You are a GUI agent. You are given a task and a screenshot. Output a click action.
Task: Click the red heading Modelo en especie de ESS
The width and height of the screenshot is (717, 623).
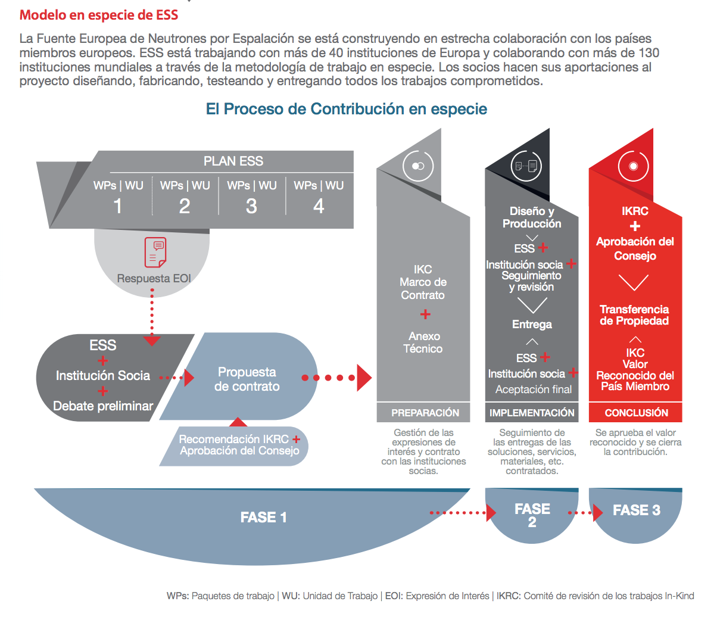(x=99, y=15)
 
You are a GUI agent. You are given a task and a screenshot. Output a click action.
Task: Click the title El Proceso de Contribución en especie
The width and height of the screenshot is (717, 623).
(x=346, y=109)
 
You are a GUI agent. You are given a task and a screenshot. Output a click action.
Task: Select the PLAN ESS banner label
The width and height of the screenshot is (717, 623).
(x=233, y=161)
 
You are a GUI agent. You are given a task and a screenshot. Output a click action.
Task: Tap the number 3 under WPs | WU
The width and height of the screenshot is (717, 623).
(x=251, y=206)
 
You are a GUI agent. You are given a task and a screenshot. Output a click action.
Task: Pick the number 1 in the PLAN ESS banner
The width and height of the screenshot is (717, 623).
(x=118, y=206)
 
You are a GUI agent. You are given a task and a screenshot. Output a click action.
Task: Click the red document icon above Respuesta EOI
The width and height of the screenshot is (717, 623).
(x=155, y=252)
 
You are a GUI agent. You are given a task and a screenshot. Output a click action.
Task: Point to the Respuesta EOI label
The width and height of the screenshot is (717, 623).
(x=154, y=278)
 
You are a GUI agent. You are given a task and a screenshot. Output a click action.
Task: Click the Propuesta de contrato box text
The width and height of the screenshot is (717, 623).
(x=247, y=379)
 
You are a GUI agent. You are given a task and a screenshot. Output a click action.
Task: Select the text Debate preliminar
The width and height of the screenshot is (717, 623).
(x=103, y=406)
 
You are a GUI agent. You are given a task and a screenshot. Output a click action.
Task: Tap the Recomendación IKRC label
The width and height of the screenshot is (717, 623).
(x=233, y=439)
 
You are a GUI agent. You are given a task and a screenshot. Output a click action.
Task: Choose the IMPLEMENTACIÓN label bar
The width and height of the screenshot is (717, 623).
(x=532, y=413)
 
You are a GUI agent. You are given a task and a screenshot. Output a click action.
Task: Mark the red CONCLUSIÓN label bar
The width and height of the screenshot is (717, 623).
(x=636, y=413)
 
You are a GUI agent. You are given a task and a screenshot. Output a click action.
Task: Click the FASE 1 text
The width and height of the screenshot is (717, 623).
(x=263, y=517)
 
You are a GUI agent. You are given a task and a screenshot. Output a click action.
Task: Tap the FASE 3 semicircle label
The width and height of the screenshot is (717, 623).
(x=636, y=510)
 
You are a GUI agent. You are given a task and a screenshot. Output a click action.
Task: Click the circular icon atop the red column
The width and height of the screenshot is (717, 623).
(x=634, y=166)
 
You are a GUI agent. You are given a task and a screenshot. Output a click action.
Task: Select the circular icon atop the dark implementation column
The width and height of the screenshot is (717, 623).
(x=526, y=166)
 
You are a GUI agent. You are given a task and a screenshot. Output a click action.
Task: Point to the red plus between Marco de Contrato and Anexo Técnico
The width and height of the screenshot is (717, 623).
(x=425, y=314)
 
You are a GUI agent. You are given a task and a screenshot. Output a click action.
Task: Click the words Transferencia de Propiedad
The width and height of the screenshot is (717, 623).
(x=634, y=315)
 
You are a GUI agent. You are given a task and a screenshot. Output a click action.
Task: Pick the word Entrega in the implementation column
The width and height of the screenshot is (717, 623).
(x=532, y=325)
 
